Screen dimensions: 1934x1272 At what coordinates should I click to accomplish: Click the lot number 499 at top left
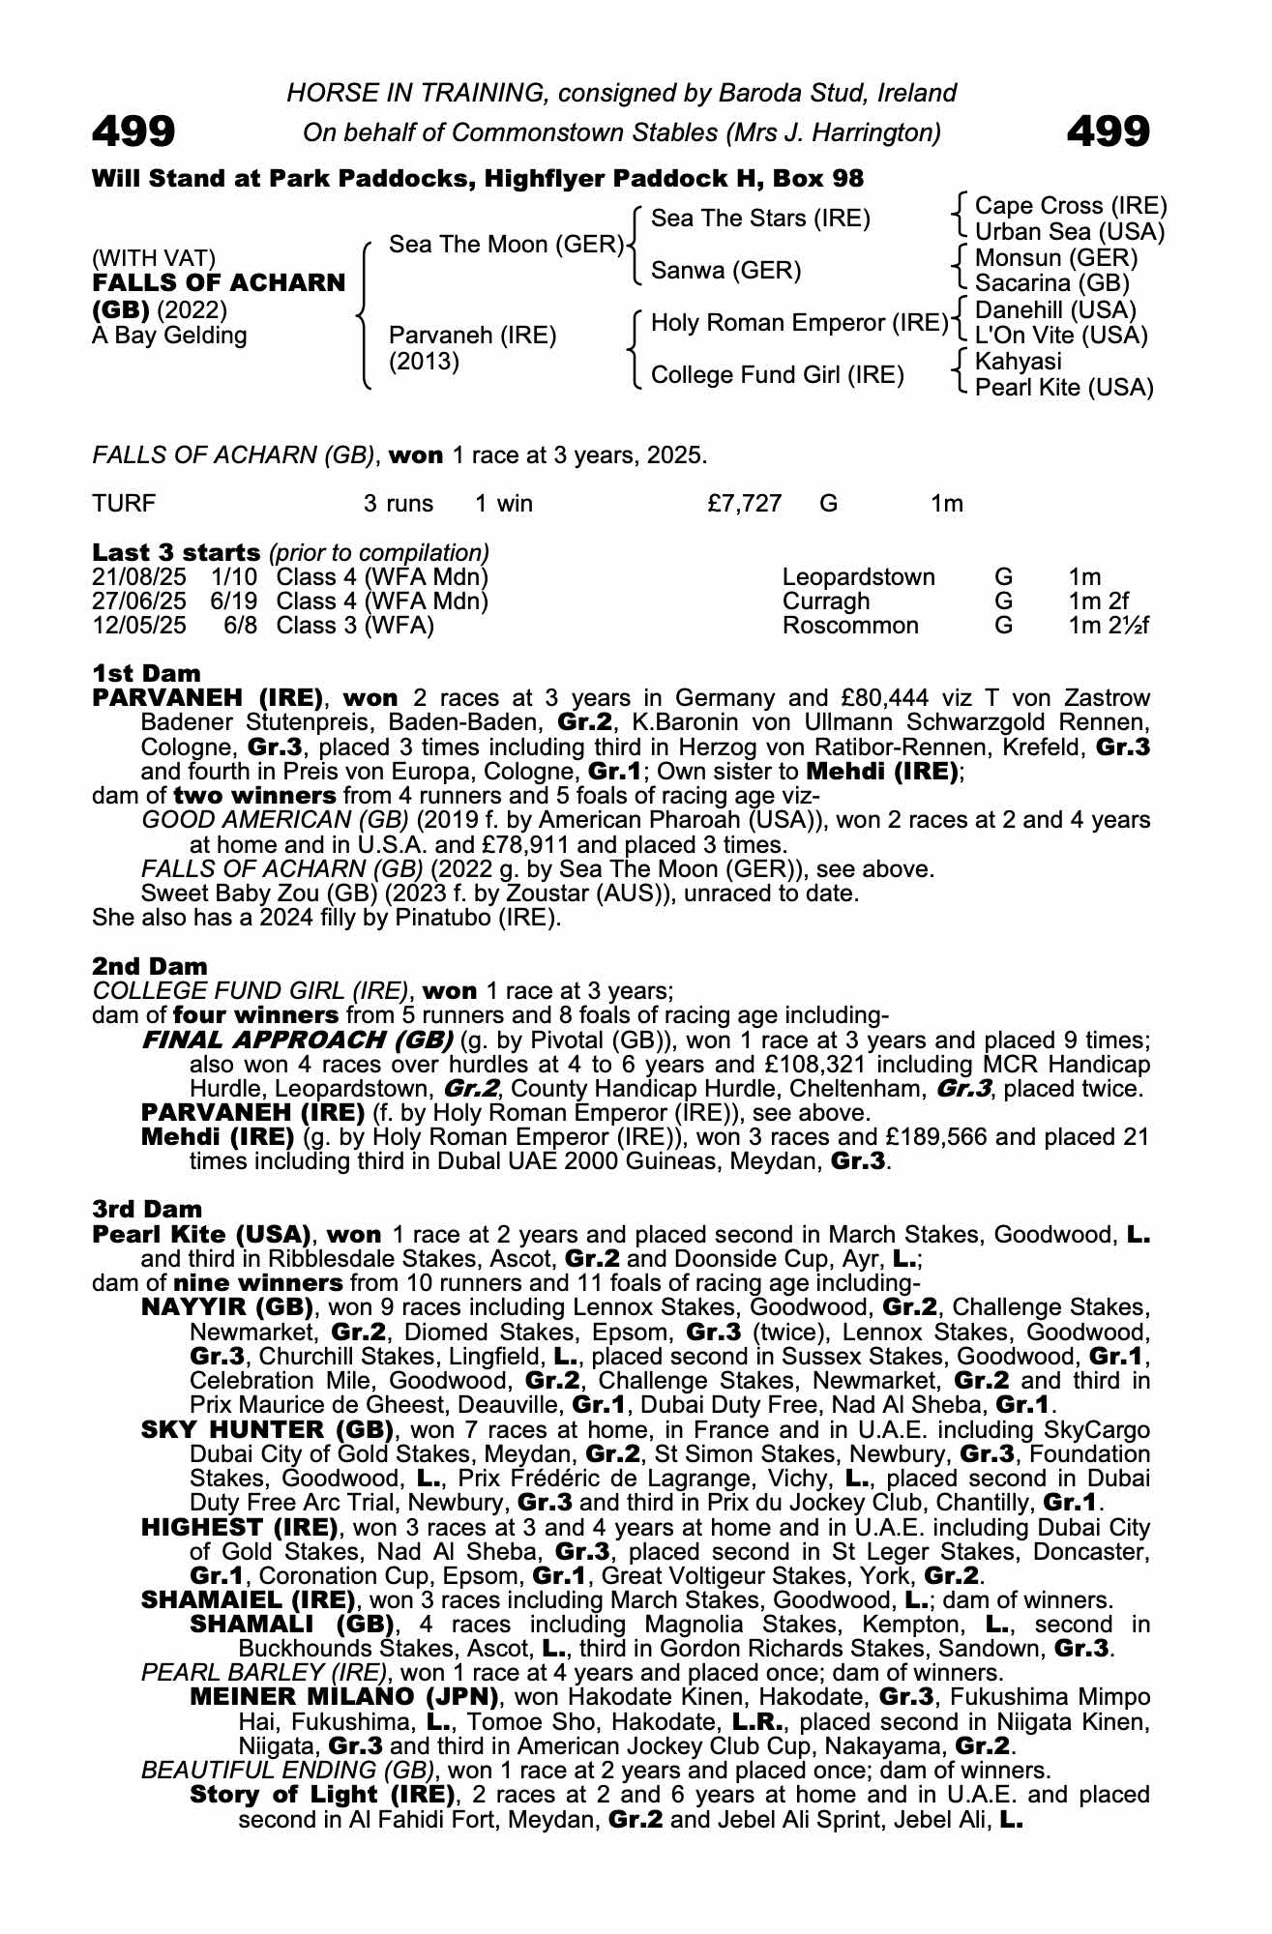133,132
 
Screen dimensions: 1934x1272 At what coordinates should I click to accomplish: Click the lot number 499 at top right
1109,132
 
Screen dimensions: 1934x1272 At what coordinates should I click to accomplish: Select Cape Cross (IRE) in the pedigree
1070,206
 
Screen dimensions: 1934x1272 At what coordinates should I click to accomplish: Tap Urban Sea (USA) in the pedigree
1069,232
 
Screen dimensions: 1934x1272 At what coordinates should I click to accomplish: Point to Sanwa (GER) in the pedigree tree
725,271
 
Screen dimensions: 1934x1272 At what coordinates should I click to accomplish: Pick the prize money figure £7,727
744,504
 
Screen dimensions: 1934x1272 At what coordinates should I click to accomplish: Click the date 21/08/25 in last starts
139,577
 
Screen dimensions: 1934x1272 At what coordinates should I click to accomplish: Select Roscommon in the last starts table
849,626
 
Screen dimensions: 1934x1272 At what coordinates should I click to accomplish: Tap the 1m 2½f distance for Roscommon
1109,626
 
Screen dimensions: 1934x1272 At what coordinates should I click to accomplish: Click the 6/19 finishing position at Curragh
235,601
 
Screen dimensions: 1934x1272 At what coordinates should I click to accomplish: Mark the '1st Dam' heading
147,673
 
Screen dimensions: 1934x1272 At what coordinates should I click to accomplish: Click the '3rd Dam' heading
147,1209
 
